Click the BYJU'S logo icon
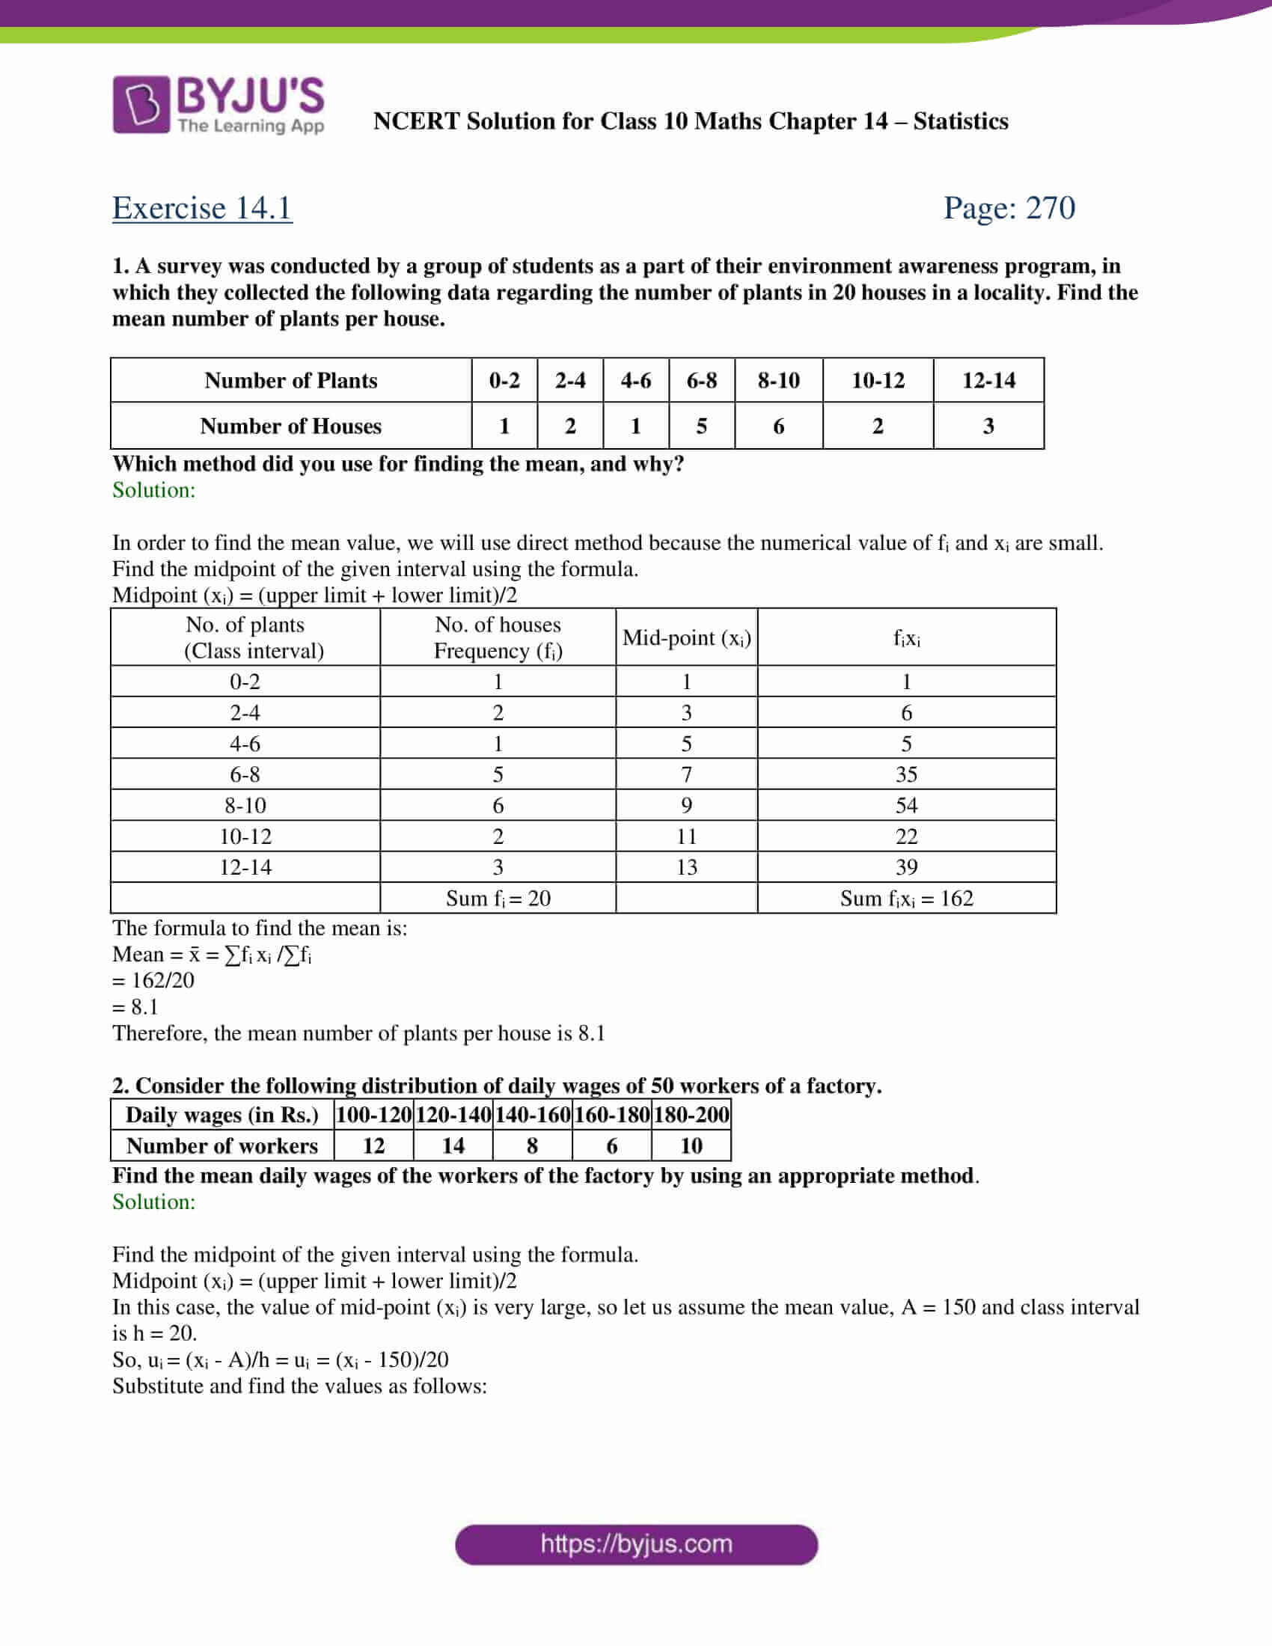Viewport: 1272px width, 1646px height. tap(141, 105)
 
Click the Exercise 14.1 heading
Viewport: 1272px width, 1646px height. tap(202, 208)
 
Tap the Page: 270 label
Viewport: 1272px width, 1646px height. tap(1009, 208)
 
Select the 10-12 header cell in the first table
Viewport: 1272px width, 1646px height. tap(878, 381)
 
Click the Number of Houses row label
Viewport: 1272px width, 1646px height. tap(291, 426)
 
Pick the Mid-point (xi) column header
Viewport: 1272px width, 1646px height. tap(686, 638)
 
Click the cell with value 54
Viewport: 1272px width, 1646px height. tap(907, 806)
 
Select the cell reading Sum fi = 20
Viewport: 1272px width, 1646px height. tap(498, 899)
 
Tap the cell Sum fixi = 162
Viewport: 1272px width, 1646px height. tap(907, 899)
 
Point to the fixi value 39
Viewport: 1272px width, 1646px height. tap(907, 867)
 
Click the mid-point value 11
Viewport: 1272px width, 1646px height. tap(686, 836)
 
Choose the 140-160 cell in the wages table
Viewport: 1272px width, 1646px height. tap(532, 1116)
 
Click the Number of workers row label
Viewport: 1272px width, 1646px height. tap(222, 1146)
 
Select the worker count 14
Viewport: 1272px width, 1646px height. tap(453, 1146)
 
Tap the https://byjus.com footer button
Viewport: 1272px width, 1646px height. tap(636, 1544)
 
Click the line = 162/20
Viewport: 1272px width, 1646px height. tap(153, 981)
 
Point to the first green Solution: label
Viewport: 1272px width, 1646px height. tap(153, 491)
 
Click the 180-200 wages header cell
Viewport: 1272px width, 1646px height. tap(691, 1116)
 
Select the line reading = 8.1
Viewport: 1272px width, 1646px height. tap(135, 1007)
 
